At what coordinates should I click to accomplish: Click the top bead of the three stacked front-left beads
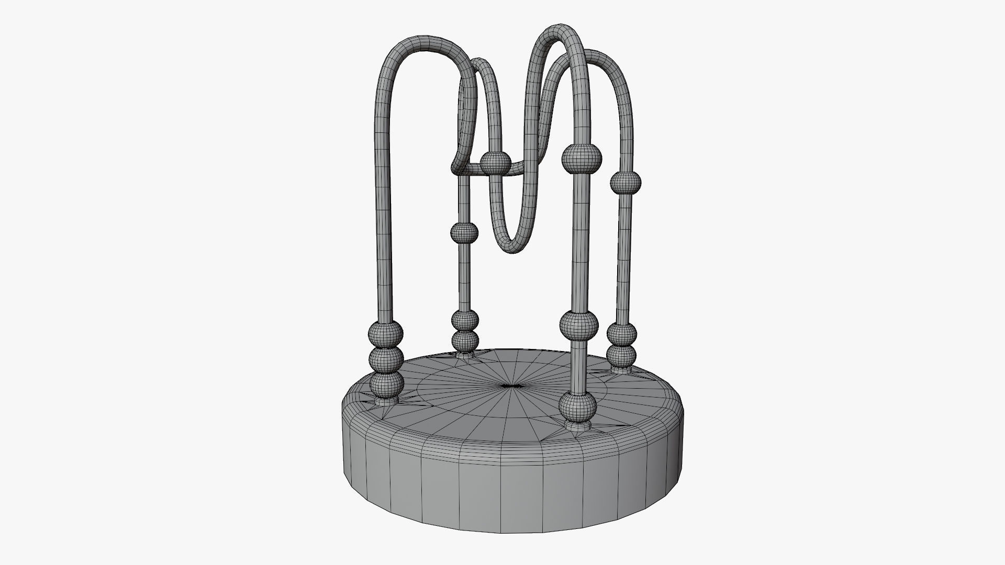coord(386,332)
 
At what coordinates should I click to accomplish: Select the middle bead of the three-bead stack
coord(386,359)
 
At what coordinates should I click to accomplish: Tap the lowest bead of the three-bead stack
coord(387,385)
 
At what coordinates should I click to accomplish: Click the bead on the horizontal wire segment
coord(495,163)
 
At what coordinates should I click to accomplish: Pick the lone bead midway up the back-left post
coord(464,232)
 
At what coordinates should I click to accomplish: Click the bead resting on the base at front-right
coord(578,406)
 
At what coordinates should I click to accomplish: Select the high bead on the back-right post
coord(626,181)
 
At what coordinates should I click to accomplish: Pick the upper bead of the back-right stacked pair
coord(622,333)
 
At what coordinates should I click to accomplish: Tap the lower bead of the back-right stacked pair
coord(622,355)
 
